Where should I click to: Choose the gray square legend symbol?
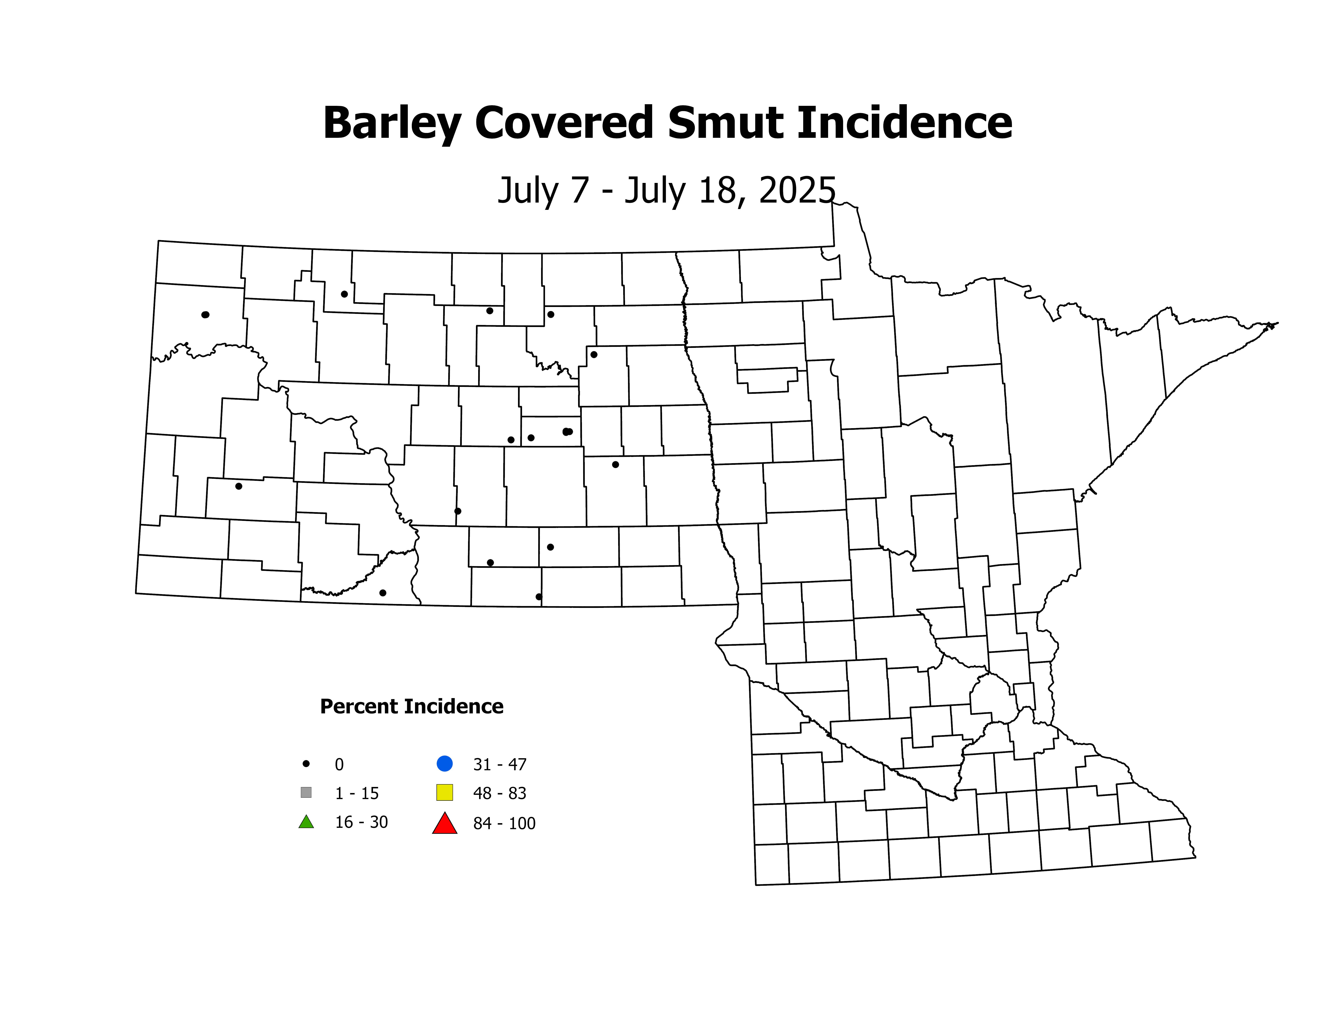(x=306, y=792)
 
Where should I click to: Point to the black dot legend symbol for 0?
(x=306, y=764)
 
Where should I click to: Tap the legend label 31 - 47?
(x=499, y=764)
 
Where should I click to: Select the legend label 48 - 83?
(x=499, y=793)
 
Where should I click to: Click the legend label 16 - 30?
(x=361, y=822)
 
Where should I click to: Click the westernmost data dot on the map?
(x=205, y=315)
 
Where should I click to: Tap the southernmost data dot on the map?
(x=538, y=597)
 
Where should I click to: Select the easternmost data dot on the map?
(x=616, y=465)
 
